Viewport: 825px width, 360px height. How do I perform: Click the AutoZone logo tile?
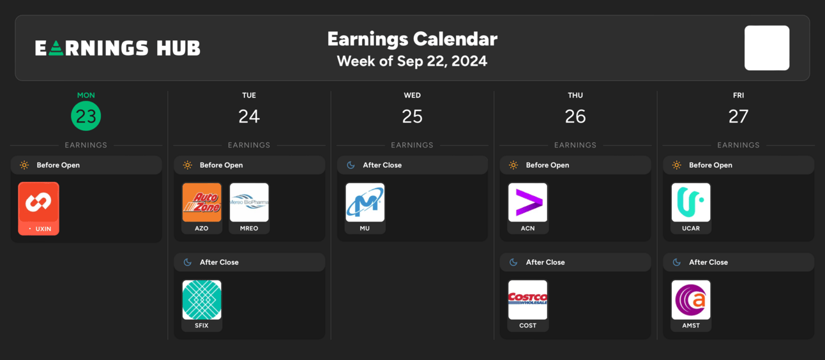point(202,202)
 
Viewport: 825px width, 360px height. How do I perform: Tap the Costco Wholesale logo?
point(528,299)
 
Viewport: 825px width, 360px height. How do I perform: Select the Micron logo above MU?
point(365,202)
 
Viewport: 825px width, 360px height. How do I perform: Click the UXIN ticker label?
point(43,229)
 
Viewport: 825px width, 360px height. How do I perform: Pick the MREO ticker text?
point(249,229)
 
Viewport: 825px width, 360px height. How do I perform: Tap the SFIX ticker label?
point(202,326)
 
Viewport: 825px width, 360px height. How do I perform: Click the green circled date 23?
point(86,116)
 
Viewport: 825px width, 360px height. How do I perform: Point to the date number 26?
point(575,116)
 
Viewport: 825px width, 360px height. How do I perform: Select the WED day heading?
point(412,95)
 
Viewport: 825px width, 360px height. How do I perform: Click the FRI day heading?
point(738,95)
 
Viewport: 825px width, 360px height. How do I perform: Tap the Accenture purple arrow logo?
point(528,202)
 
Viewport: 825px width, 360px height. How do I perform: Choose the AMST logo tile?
point(691,299)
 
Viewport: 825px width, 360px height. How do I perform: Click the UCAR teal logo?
point(691,202)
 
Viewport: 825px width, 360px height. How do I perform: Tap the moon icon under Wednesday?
point(351,165)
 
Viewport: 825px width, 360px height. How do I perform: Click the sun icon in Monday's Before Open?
point(24,165)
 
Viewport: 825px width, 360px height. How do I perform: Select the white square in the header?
point(767,48)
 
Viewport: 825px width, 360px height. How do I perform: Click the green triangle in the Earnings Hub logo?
point(56,49)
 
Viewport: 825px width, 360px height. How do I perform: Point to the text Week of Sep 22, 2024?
point(412,61)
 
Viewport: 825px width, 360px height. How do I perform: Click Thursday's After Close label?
point(545,262)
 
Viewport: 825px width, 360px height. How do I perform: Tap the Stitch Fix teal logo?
point(202,299)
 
